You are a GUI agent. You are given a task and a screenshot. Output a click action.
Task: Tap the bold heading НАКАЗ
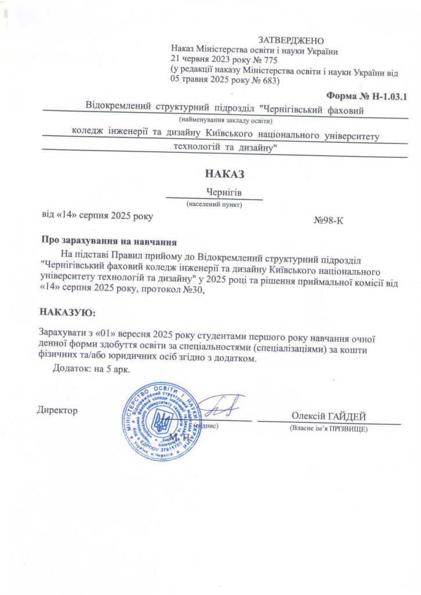click(222, 173)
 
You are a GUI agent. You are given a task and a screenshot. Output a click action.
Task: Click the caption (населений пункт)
click(214, 205)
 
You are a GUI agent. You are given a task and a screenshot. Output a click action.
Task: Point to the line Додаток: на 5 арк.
click(91, 369)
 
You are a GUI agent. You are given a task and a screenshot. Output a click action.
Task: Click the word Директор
click(58, 410)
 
